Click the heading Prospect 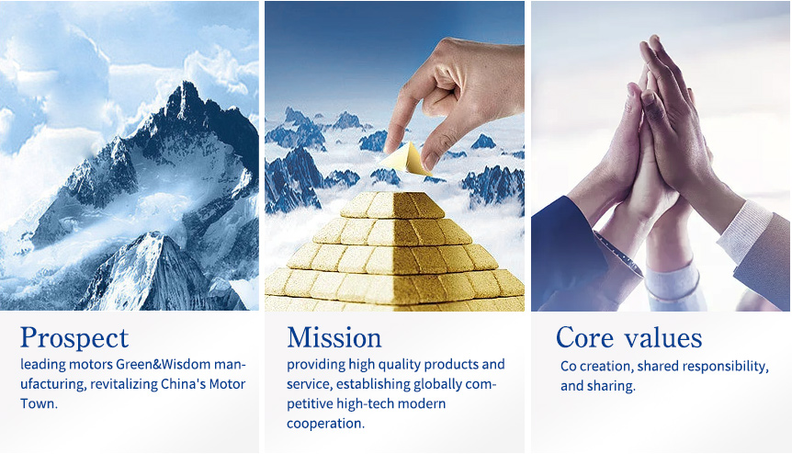point(74,338)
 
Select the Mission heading point(334,337)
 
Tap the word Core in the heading point(585,337)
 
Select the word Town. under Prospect point(39,403)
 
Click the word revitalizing point(124,384)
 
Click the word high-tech point(365,404)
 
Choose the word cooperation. point(326,424)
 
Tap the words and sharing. point(598,386)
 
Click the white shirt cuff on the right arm point(744,230)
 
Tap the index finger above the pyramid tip point(398,116)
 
